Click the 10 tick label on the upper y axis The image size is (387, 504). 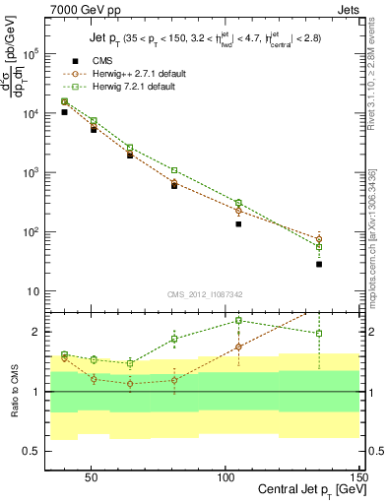pyautogui.click(x=32, y=291)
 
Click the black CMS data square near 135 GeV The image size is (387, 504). pyautogui.click(x=319, y=264)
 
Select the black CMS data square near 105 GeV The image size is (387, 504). pyautogui.click(x=238, y=224)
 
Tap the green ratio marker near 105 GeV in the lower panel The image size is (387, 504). pyautogui.click(x=238, y=320)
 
